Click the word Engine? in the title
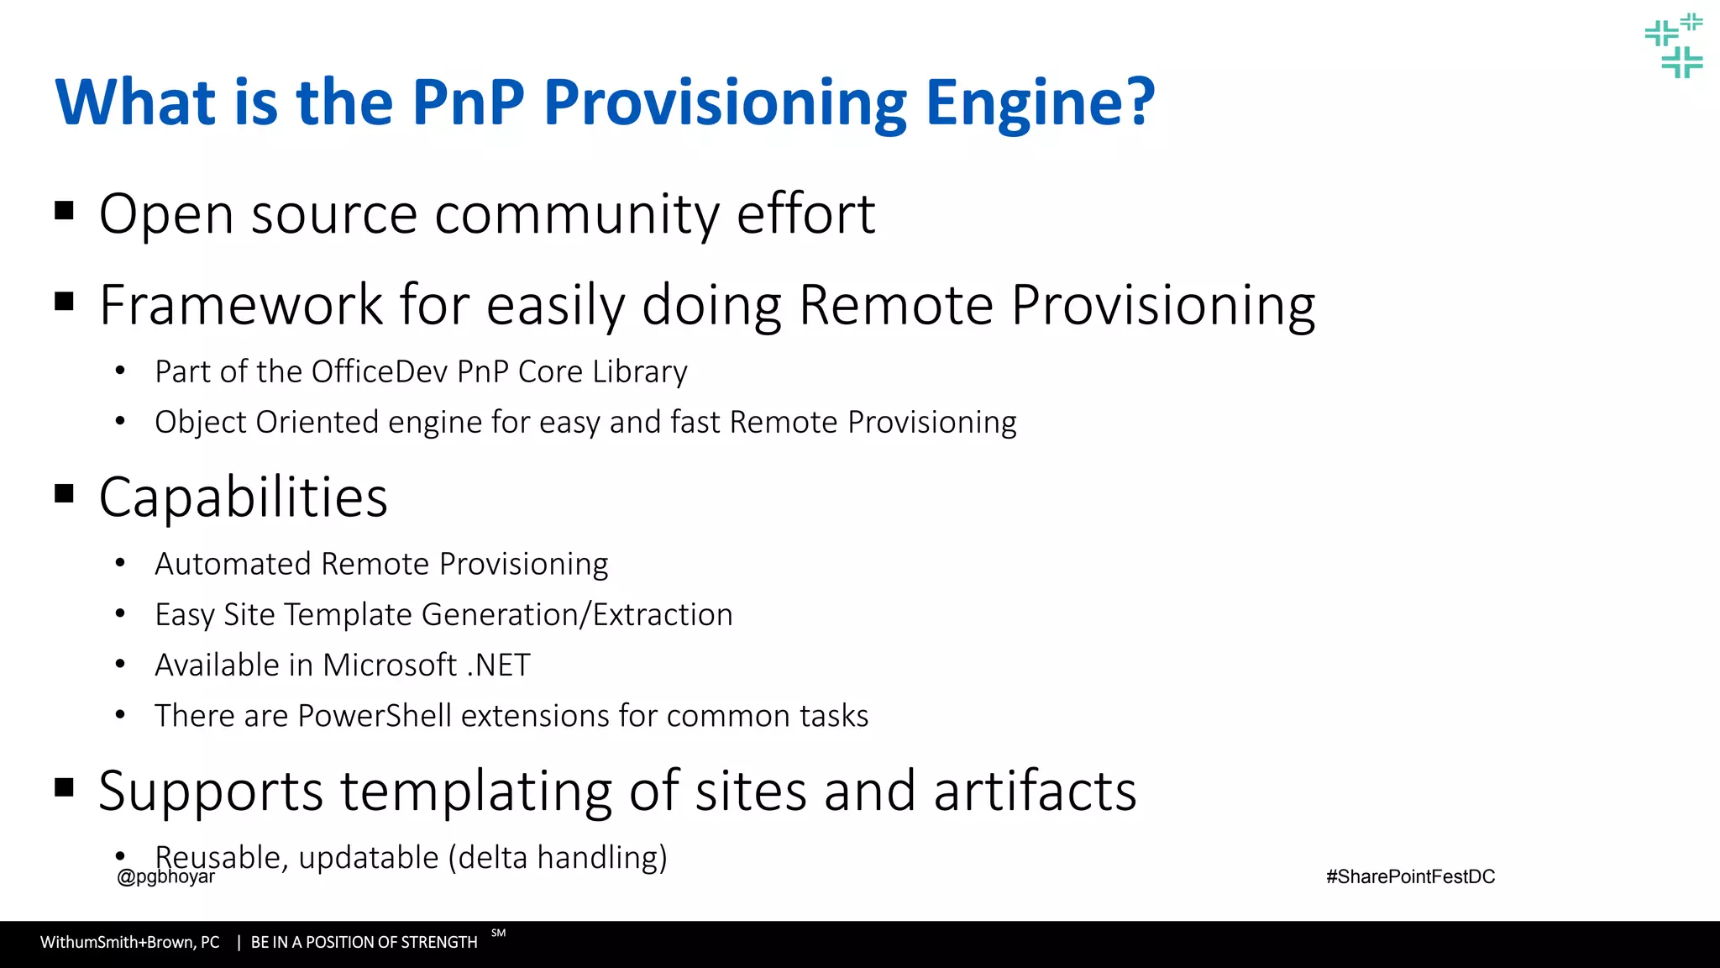(1041, 103)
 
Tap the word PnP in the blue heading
(468, 103)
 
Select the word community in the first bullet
(576, 214)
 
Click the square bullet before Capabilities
(64, 493)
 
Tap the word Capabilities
(243, 497)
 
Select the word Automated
(233, 564)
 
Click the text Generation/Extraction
(577, 615)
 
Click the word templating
(476, 792)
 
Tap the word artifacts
(1035, 792)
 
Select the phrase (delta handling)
(558, 858)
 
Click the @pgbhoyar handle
(166, 877)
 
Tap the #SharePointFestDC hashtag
(1410, 877)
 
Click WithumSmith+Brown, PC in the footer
(130, 943)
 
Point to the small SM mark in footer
(499, 933)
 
